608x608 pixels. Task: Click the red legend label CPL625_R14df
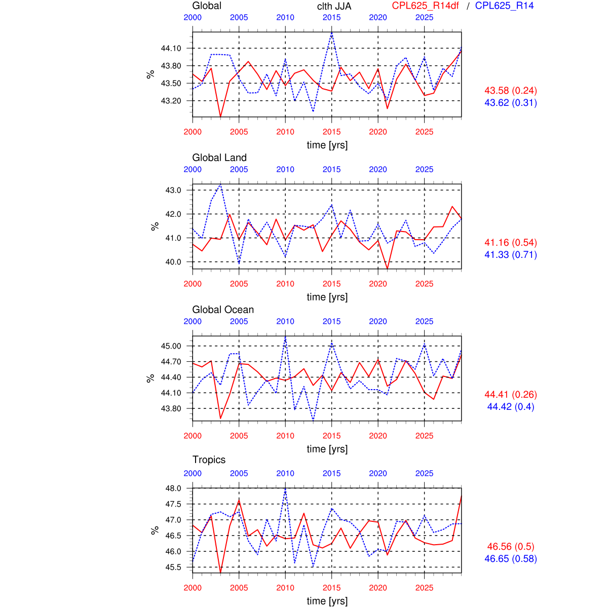click(x=426, y=6)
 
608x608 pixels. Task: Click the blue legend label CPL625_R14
click(x=504, y=6)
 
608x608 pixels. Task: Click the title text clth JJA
click(x=334, y=6)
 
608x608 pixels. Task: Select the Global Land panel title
click(x=219, y=158)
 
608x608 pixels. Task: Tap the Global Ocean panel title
click(x=223, y=310)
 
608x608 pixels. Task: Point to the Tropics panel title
click(x=209, y=460)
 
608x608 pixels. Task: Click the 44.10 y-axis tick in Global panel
click(x=171, y=49)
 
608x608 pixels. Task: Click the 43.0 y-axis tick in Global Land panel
click(x=173, y=191)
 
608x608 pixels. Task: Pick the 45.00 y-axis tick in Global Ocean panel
click(x=171, y=346)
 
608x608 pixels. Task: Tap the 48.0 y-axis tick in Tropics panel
click(x=173, y=488)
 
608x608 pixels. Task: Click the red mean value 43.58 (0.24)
click(x=511, y=91)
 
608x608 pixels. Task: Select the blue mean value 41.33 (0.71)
click(x=511, y=255)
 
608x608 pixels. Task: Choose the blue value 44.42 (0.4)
click(x=511, y=407)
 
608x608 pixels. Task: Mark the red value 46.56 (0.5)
click(x=511, y=547)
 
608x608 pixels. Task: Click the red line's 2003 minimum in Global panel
click(x=220, y=117)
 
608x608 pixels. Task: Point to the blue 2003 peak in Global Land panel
click(x=220, y=185)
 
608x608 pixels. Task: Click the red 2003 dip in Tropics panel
click(x=220, y=573)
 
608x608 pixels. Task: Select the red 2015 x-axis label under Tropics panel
click(x=332, y=588)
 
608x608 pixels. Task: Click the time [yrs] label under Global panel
click(x=327, y=145)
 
